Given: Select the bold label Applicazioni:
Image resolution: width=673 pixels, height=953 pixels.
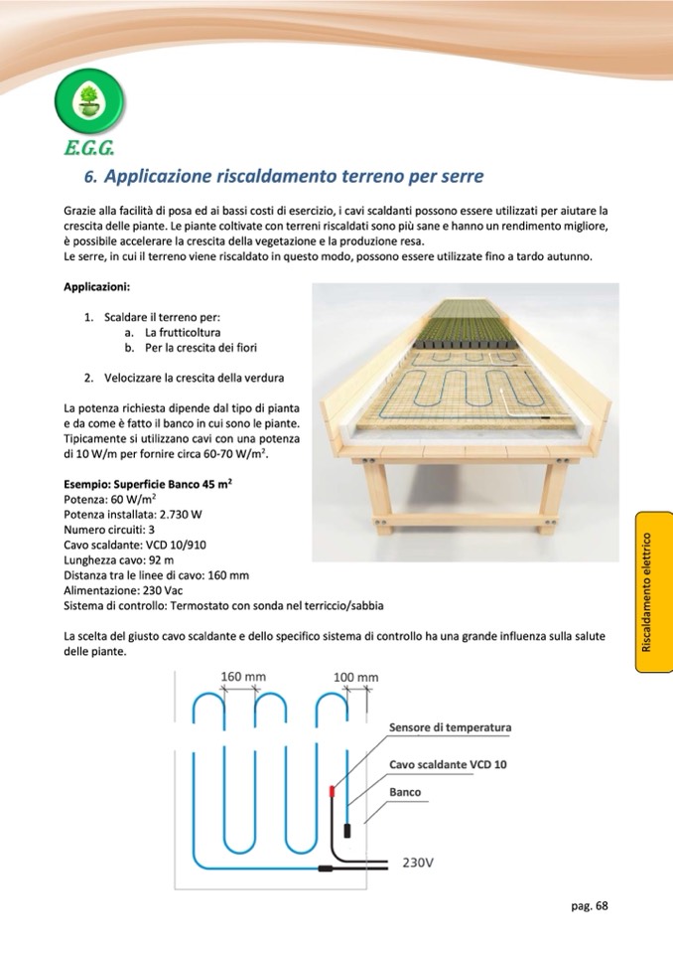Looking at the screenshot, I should [x=96, y=287].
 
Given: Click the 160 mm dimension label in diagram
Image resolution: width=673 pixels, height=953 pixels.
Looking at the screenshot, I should [x=242, y=677].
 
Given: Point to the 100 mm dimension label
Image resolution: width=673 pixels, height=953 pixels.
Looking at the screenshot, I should [x=355, y=678].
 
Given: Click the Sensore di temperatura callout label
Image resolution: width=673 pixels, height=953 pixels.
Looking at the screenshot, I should [x=450, y=727].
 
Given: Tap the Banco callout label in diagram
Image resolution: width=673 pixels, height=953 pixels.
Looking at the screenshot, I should [x=405, y=792].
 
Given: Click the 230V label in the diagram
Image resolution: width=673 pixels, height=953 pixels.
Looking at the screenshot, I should [x=417, y=862].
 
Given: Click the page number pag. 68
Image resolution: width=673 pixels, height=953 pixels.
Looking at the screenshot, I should [x=589, y=904].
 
